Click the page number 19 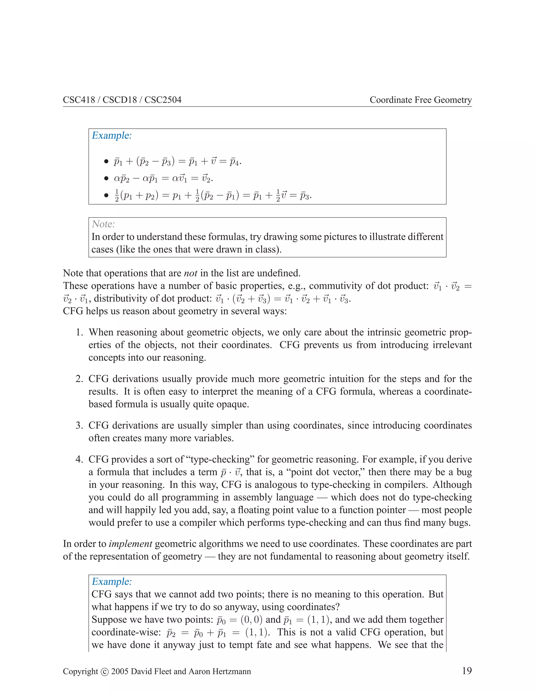click(x=467, y=671)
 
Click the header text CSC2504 click(x=163, y=100)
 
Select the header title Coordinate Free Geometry click(x=421, y=100)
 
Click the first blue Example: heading click(x=112, y=135)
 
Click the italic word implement click(x=130, y=544)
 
